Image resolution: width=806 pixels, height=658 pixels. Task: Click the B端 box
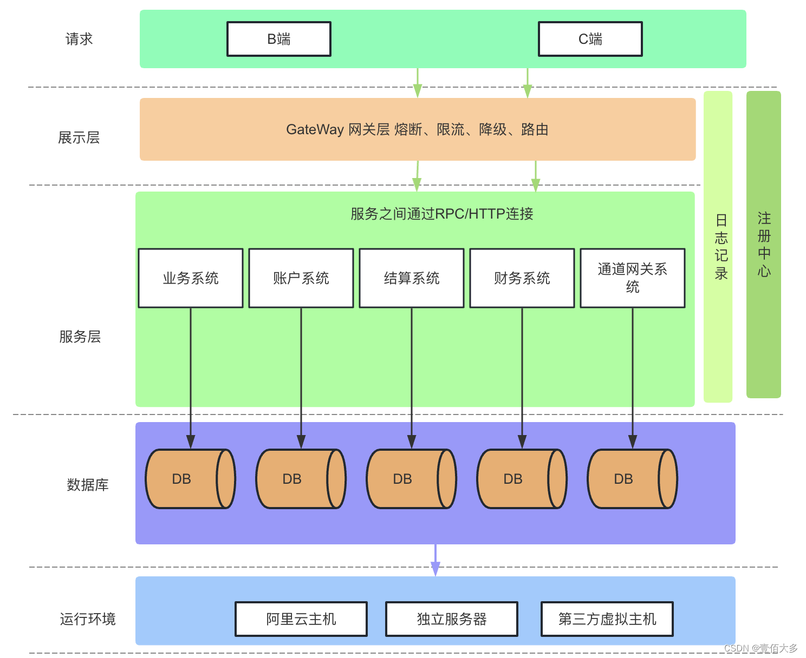[278, 39]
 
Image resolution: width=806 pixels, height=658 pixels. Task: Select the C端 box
[590, 39]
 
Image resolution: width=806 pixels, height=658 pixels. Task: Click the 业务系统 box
[191, 278]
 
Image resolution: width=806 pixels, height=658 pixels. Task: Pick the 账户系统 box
[301, 278]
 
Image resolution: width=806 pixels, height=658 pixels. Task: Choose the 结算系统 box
[412, 278]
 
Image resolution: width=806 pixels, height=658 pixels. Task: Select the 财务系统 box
[522, 278]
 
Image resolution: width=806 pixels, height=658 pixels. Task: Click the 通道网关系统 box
[633, 278]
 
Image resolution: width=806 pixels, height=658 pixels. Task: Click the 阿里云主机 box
[301, 618]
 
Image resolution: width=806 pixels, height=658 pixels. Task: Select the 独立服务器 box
[452, 618]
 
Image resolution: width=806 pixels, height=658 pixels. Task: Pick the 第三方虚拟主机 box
[607, 618]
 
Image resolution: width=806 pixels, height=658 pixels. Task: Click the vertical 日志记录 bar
[718, 246]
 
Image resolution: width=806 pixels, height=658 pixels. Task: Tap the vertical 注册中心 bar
[763, 245]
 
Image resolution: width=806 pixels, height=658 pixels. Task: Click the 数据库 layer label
[88, 484]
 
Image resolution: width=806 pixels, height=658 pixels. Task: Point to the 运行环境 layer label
[88, 618]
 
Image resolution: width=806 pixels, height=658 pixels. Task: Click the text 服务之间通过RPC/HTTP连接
[441, 214]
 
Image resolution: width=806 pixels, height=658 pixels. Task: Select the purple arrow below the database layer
[435, 560]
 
